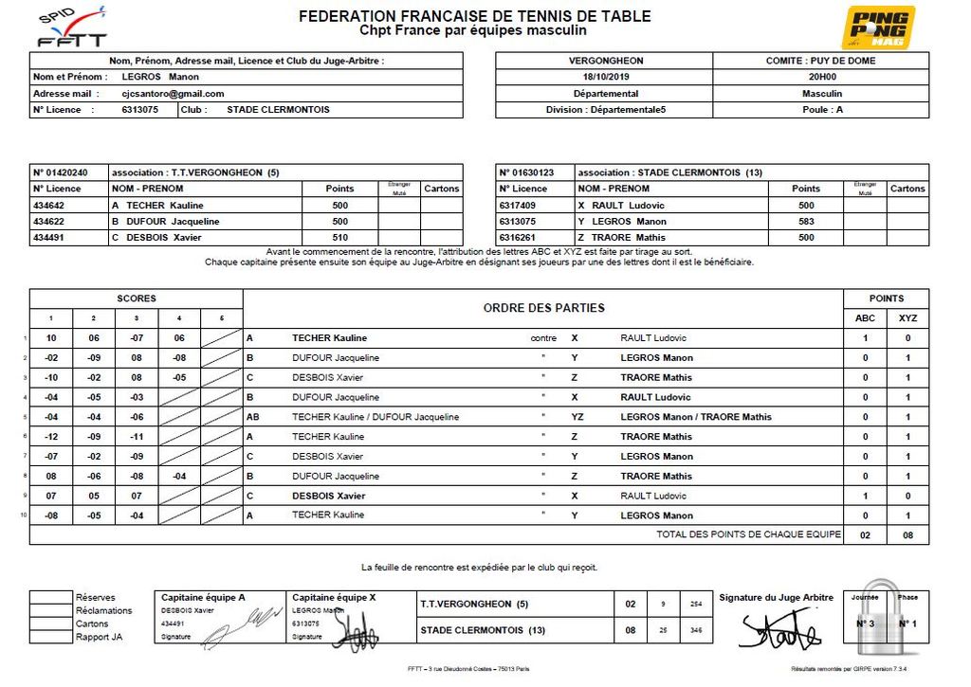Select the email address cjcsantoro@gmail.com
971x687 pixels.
point(173,94)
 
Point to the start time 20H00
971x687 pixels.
point(821,77)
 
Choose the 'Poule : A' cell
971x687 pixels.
point(821,110)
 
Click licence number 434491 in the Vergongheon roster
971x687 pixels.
point(49,237)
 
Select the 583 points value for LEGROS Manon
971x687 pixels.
point(806,221)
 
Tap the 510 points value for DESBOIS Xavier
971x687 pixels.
point(339,237)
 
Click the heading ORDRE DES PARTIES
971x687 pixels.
point(543,308)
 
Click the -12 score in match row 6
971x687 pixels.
point(52,437)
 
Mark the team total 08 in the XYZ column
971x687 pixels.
point(907,535)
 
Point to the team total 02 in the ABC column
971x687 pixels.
point(864,535)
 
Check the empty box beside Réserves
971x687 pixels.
point(51,598)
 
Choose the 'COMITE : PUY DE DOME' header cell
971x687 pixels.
point(821,61)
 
